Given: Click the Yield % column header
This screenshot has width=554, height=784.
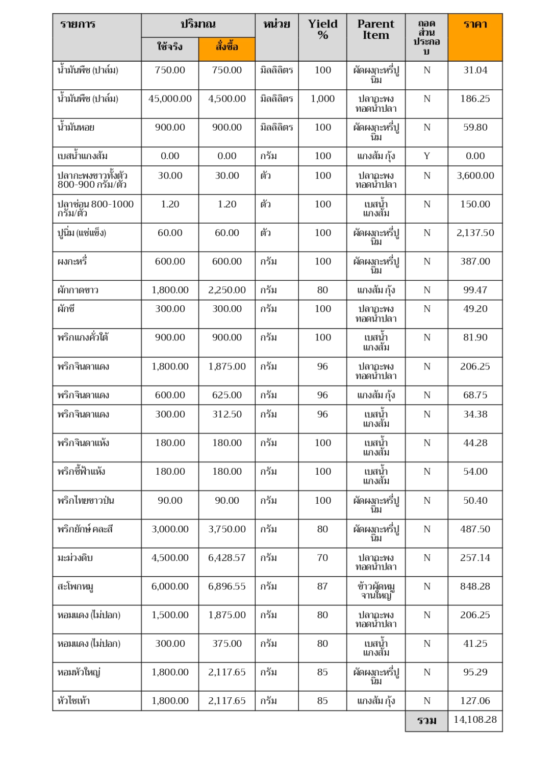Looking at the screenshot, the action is [x=322, y=30].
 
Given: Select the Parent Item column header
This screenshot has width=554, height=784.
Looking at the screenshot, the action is [x=375, y=30].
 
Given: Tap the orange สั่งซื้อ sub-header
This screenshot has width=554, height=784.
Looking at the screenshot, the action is [x=226, y=47].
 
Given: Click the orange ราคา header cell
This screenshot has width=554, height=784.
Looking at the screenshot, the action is [x=475, y=24].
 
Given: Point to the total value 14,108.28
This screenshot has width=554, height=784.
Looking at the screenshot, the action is [x=475, y=720].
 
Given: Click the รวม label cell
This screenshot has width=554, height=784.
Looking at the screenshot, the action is [x=426, y=721].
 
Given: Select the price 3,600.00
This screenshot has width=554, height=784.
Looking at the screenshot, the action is [x=475, y=176].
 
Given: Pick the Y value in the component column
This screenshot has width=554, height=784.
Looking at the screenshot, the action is [x=426, y=156].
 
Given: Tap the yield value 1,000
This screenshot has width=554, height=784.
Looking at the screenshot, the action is [x=322, y=99].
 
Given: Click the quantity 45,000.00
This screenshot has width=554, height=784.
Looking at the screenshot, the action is [x=170, y=99].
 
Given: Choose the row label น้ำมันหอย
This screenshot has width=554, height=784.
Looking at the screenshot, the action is [x=76, y=128].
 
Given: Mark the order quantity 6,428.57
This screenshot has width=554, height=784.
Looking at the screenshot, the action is [x=226, y=558].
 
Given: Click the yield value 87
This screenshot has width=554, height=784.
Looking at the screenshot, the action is [x=322, y=586].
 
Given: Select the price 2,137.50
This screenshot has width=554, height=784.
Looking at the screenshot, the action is [x=475, y=233].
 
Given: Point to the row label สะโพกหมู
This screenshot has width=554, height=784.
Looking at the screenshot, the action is [x=75, y=586].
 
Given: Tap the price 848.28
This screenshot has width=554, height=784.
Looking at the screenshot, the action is [x=475, y=586].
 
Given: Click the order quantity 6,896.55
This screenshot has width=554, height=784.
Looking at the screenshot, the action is [x=226, y=586].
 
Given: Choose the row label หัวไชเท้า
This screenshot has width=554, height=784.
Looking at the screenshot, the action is [x=73, y=701].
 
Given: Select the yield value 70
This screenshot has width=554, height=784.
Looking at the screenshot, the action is [x=322, y=558].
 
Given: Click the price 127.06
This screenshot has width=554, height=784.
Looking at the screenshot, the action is [x=475, y=701].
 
